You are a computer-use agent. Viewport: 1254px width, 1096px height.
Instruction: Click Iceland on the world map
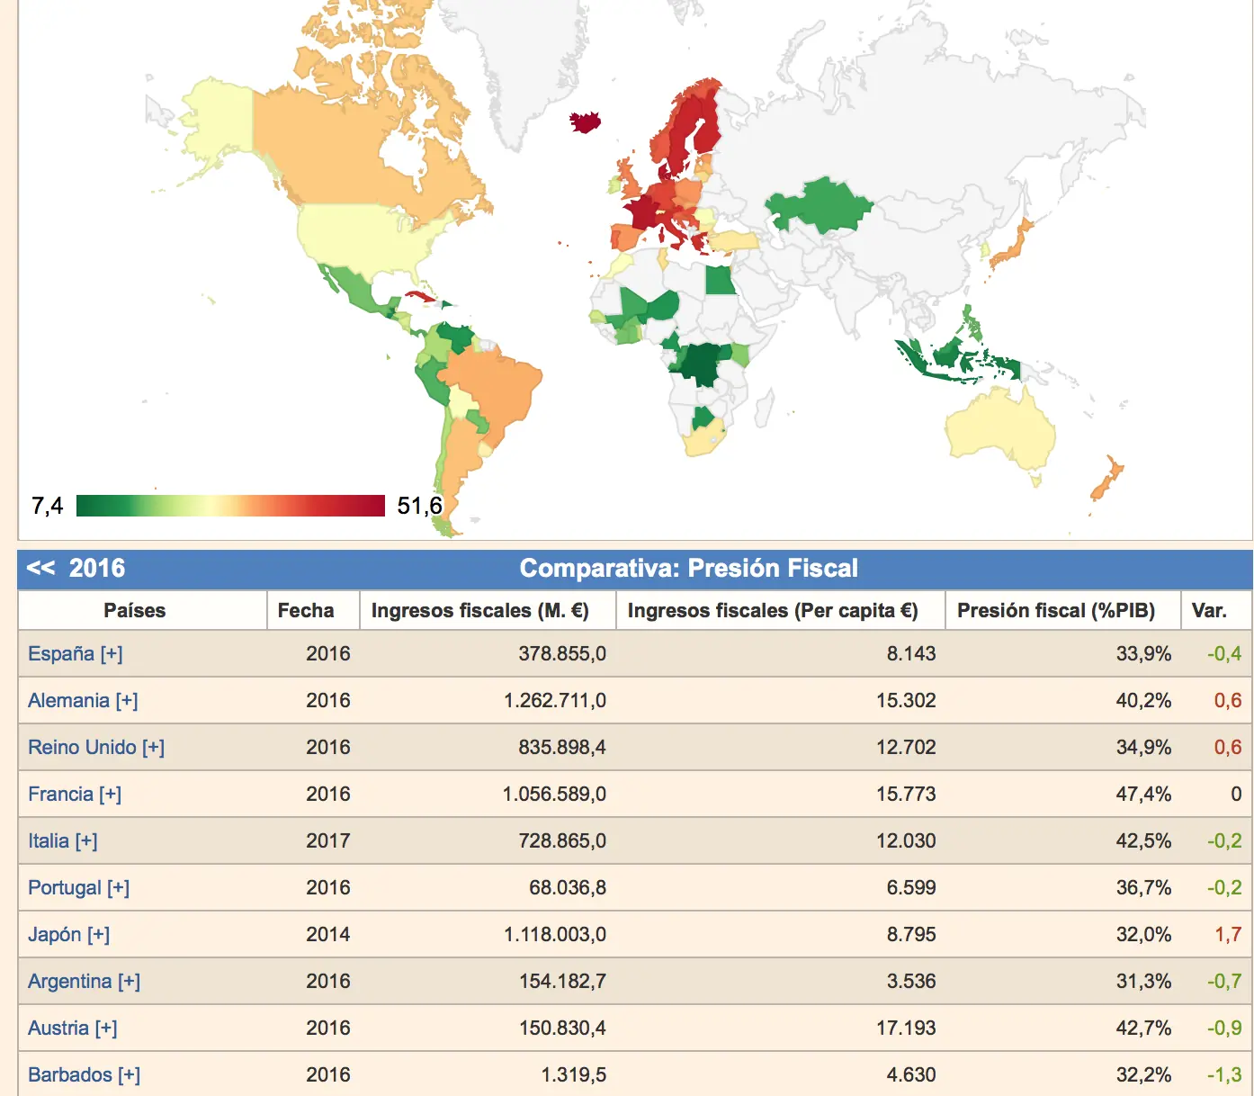coord(585,121)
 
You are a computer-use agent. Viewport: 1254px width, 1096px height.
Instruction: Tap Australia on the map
coord(999,429)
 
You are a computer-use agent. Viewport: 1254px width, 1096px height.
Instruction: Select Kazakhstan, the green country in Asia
coord(819,206)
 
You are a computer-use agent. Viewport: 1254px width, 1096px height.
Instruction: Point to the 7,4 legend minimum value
coord(47,506)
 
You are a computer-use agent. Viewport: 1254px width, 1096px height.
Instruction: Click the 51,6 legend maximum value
coord(419,506)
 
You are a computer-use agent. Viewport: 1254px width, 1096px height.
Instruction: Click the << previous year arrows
coord(40,568)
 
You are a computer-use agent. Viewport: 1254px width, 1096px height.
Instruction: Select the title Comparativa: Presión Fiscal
coord(688,568)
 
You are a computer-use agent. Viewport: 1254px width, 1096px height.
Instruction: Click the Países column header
coord(134,610)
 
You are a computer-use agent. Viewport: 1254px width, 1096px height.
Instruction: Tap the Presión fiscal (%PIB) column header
coord(1056,610)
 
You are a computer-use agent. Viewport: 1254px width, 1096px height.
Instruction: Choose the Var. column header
coord(1209,610)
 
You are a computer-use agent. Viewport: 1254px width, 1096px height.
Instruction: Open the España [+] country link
coord(76,653)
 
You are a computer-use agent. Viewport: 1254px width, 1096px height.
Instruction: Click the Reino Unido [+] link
coord(96,747)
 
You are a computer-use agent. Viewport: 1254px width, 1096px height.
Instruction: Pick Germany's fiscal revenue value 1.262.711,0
coord(555,700)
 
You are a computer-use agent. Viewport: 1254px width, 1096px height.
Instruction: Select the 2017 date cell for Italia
coord(328,840)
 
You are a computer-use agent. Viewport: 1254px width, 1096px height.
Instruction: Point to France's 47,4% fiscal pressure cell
coord(1143,794)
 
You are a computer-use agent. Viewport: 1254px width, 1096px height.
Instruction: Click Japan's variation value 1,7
coord(1228,934)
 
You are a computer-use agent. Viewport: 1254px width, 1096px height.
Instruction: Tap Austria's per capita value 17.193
coord(906,1028)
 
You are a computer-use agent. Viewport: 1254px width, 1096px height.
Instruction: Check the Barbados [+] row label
coord(84,1074)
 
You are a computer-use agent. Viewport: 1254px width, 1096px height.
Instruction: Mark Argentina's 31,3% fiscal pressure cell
coord(1143,981)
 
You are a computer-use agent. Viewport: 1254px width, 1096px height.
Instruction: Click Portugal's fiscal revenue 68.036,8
coord(568,887)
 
